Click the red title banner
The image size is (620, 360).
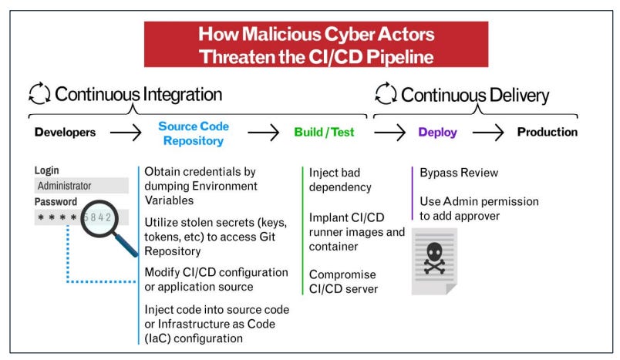tap(315, 44)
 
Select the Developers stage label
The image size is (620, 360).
tap(66, 132)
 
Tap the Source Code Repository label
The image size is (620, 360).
tap(193, 133)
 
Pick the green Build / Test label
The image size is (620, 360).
tap(324, 132)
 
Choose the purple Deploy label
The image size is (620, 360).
tap(437, 132)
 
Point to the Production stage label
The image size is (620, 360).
tap(547, 132)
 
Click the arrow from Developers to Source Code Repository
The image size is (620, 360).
tap(126, 132)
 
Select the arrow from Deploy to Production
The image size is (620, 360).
tap(487, 132)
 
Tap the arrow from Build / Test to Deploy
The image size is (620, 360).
tap(389, 132)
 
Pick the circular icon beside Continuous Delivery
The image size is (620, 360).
tap(386, 95)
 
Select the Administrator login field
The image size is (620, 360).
tap(81, 186)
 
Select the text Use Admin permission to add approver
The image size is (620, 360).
tap(479, 208)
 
